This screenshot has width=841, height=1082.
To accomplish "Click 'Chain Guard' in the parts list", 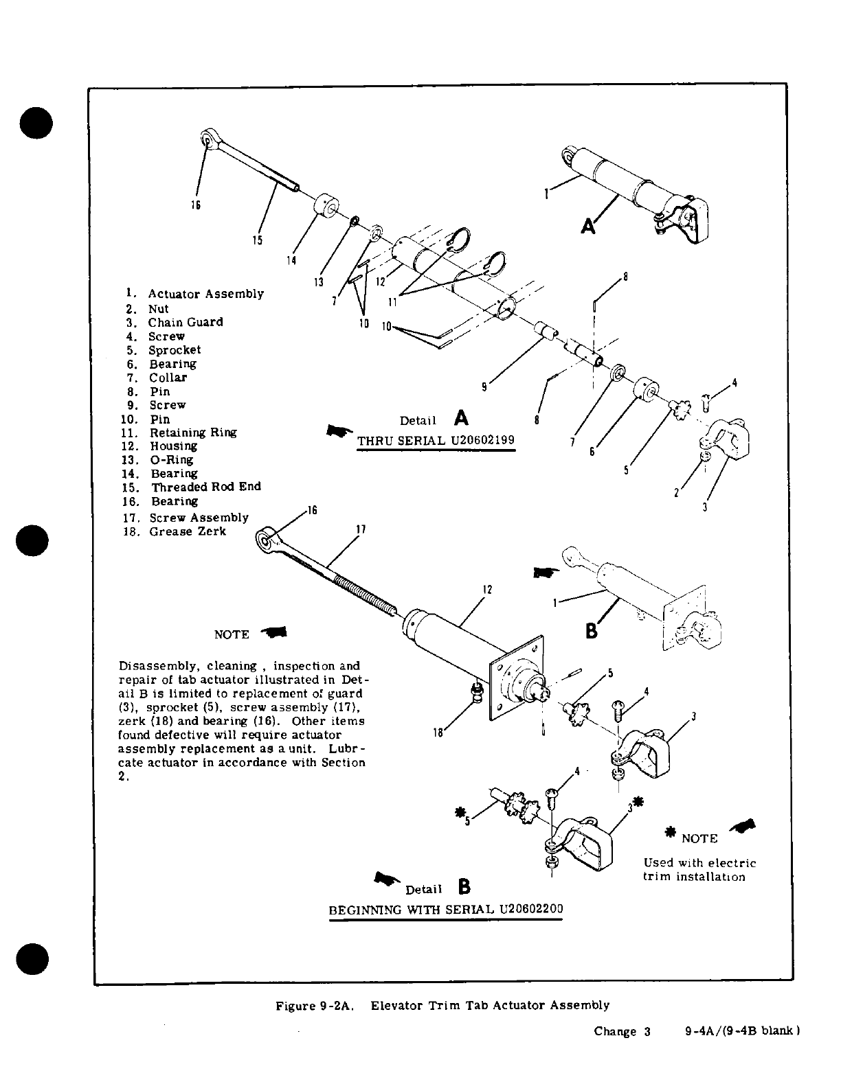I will pyautogui.click(x=185, y=322).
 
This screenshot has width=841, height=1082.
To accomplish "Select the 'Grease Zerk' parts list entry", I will pyautogui.click(x=187, y=531).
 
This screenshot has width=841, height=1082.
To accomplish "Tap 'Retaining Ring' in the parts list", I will pyautogui.click(x=193, y=433).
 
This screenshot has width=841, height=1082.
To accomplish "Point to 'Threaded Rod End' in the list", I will pyautogui.click(x=205, y=487).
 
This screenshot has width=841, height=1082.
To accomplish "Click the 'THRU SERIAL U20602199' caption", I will pyautogui.click(x=436, y=440).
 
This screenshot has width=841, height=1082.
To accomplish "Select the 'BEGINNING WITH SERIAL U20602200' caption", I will pyautogui.click(x=446, y=909).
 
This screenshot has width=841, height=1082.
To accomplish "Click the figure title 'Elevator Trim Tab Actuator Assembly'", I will pyautogui.click(x=490, y=1005).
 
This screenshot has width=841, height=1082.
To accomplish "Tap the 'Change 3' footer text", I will pyautogui.click(x=622, y=1031).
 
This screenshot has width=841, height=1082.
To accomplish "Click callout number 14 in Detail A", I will pyautogui.click(x=291, y=260).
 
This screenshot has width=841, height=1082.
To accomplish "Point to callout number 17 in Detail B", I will pyautogui.click(x=361, y=529).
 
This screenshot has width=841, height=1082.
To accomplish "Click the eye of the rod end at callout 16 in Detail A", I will pyautogui.click(x=206, y=141).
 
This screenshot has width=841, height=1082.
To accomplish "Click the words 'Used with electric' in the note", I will pyautogui.click(x=699, y=863).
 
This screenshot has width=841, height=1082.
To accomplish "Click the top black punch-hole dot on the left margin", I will pyautogui.click(x=32, y=123).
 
